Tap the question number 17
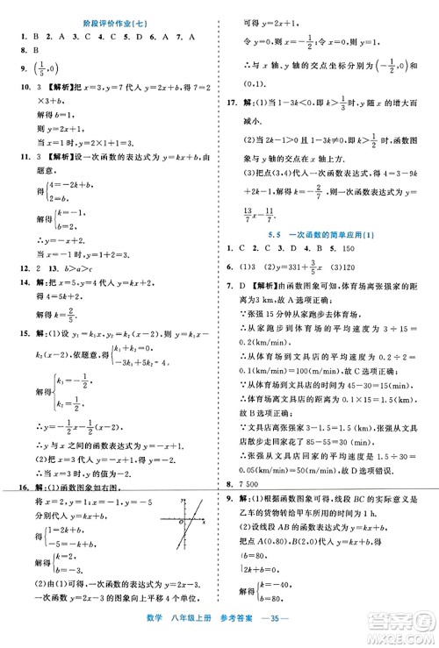coord(227,125)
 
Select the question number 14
coord(11,284)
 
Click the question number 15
coord(11,334)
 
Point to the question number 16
coord(11,487)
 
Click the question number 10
coord(11,88)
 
